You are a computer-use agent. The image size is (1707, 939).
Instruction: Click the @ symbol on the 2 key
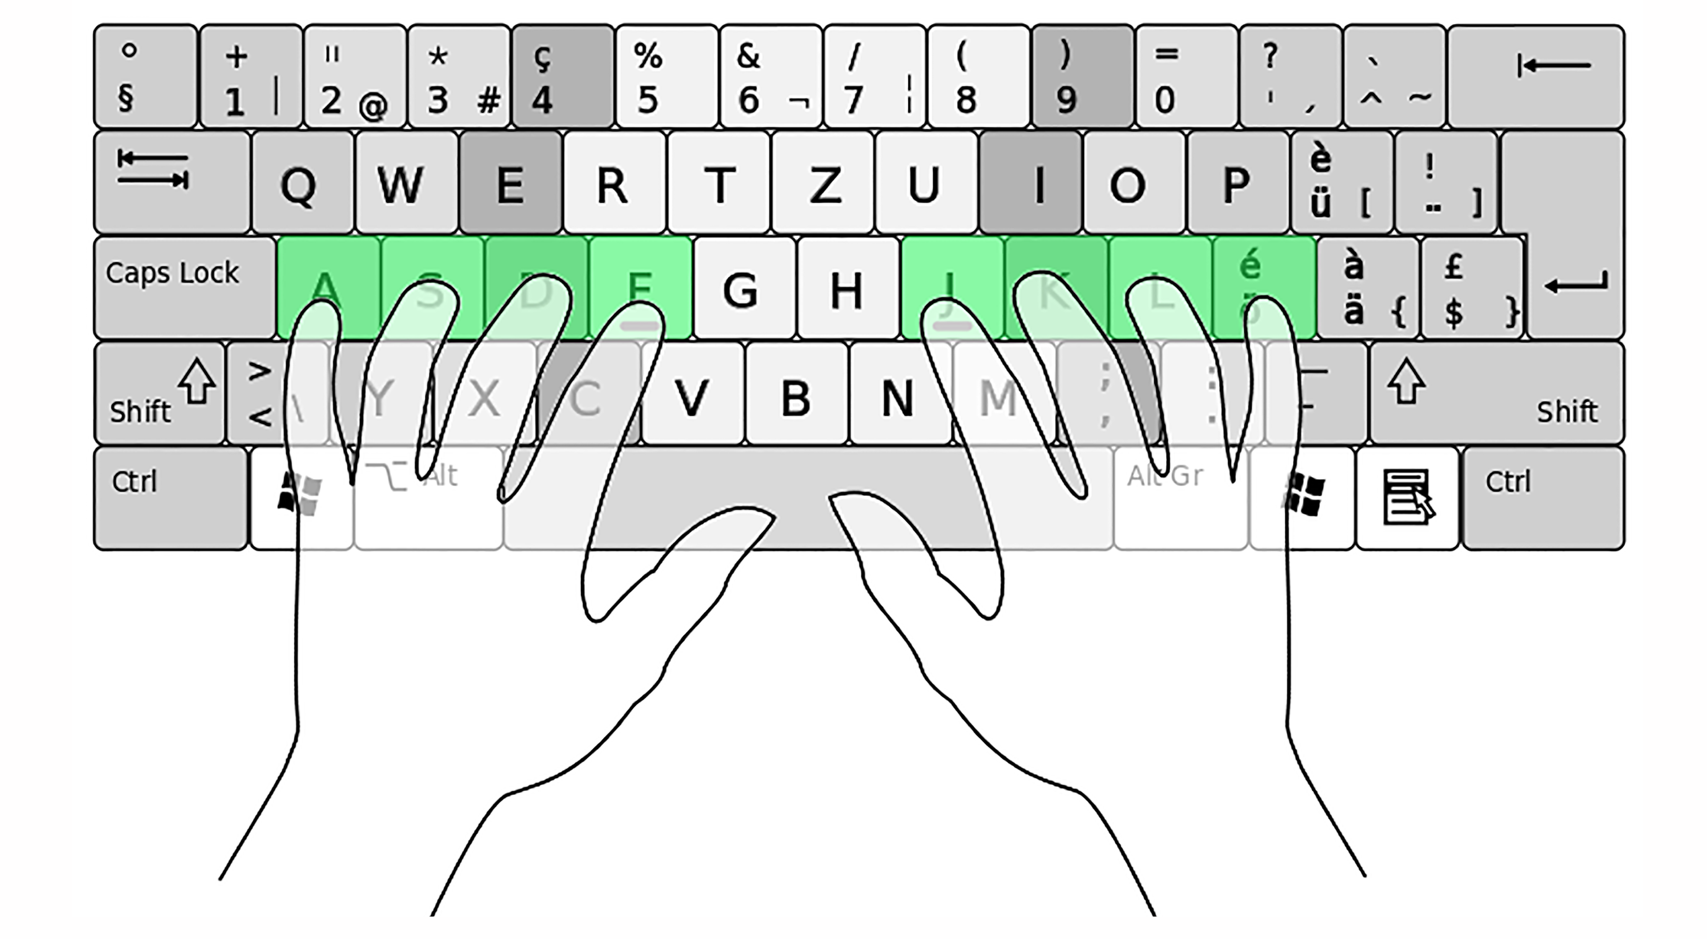point(373,106)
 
